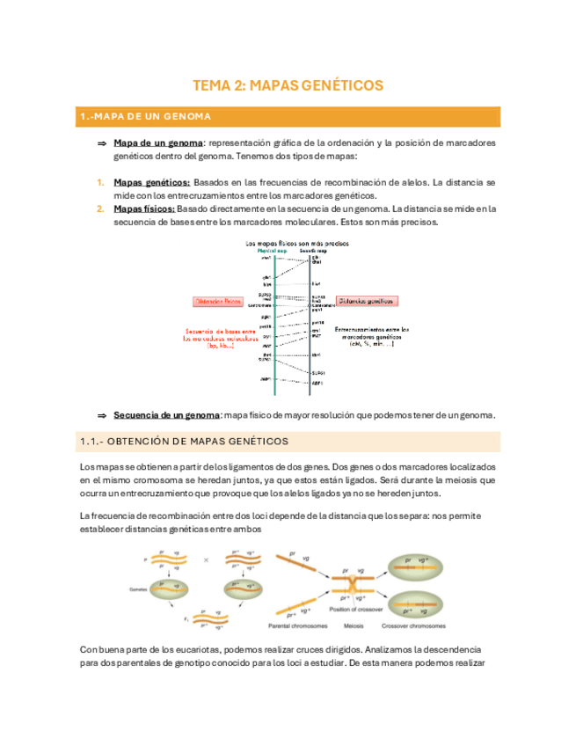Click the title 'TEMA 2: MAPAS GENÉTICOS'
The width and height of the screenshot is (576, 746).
(x=288, y=85)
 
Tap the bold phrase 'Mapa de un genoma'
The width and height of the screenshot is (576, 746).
(x=158, y=143)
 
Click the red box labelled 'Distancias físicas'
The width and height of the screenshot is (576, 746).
(x=219, y=301)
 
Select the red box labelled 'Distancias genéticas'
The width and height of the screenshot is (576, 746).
(x=367, y=301)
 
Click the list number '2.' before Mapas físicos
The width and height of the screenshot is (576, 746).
(x=101, y=208)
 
